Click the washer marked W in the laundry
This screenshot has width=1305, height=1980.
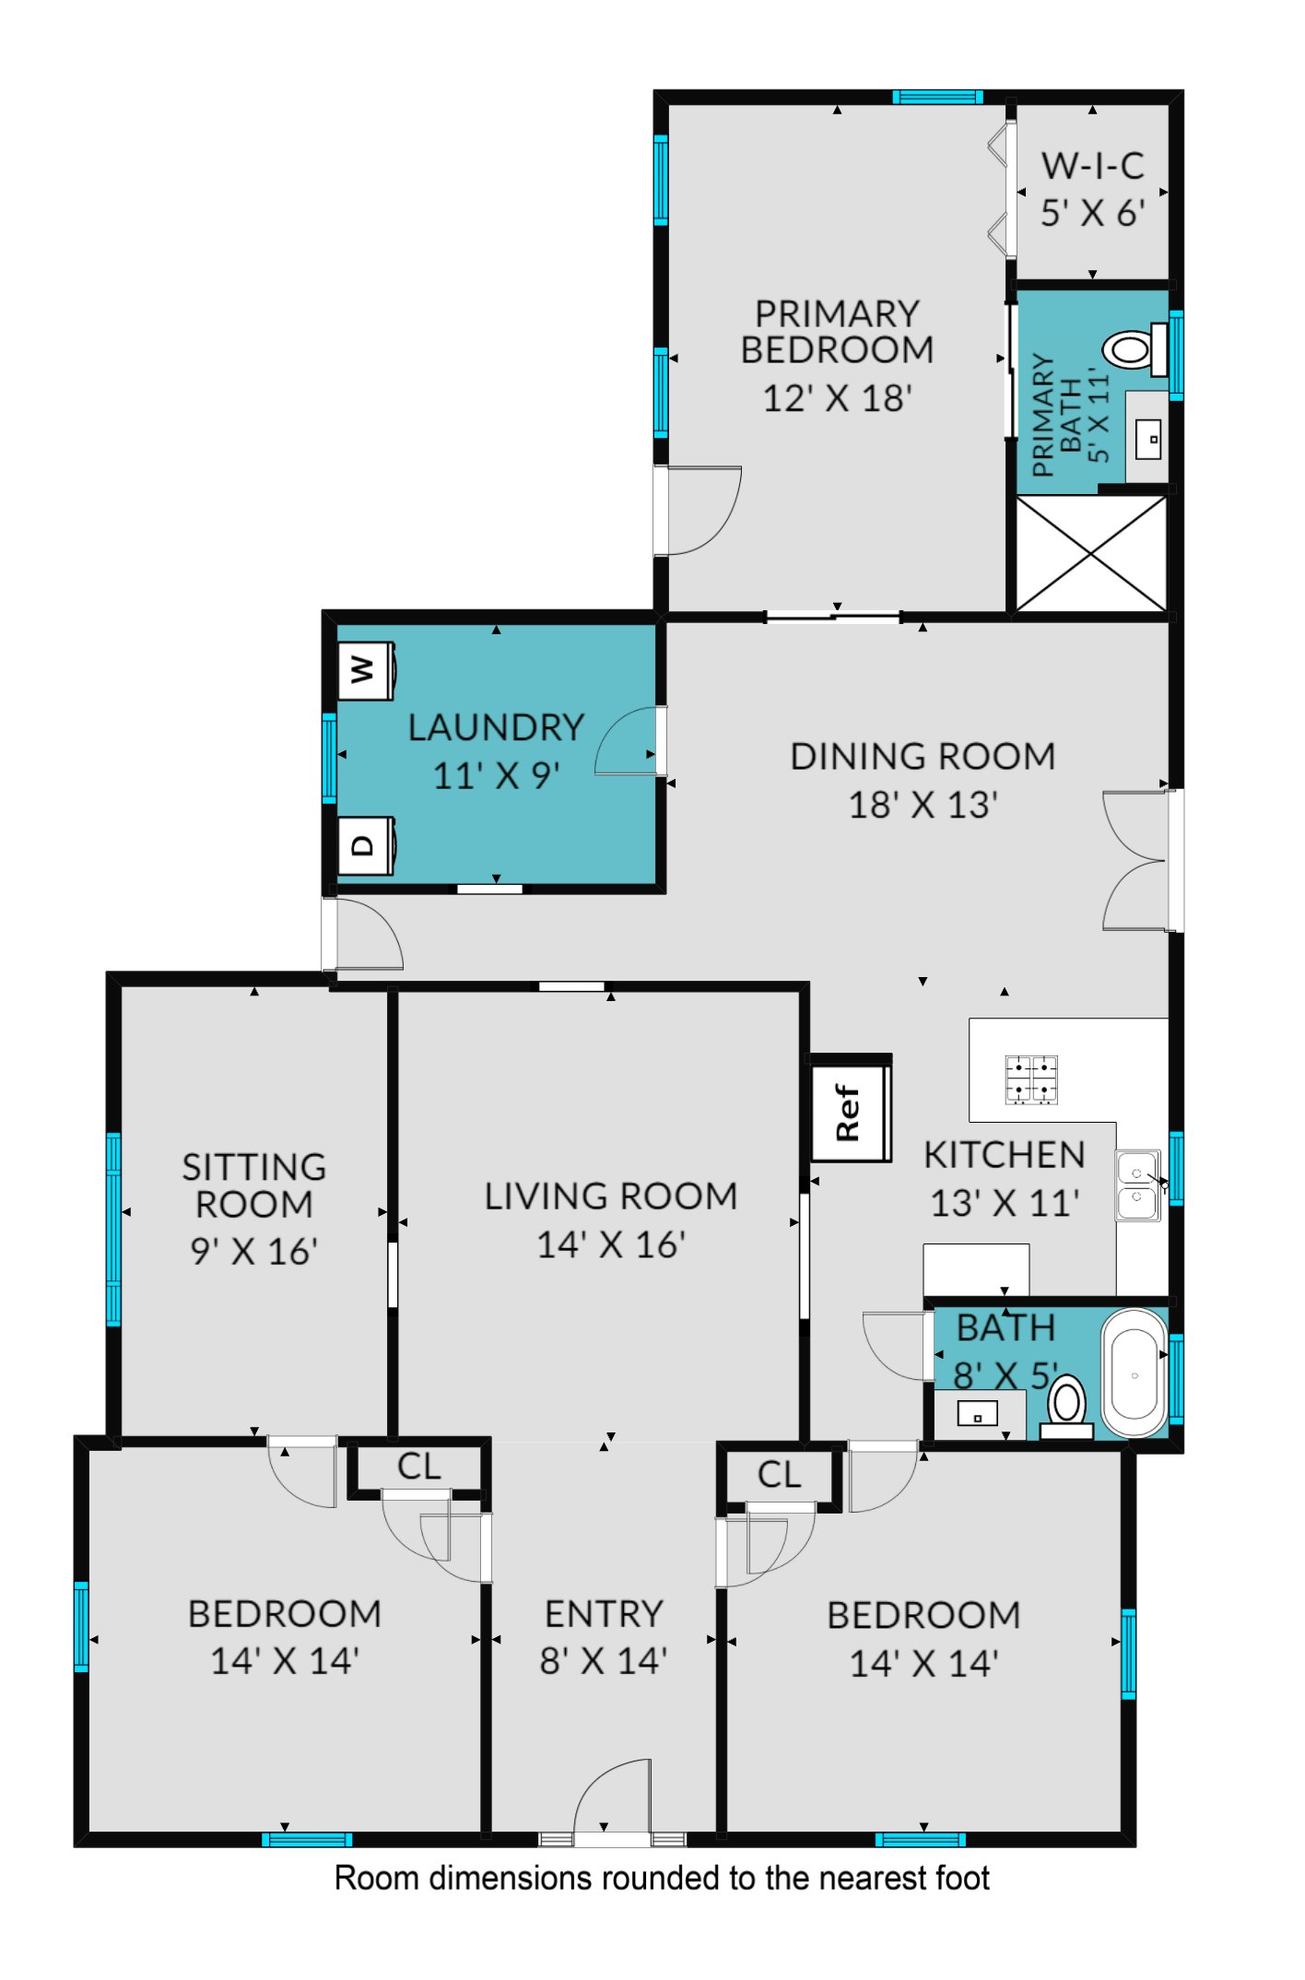(367, 669)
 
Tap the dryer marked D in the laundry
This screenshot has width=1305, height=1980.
(367, 844)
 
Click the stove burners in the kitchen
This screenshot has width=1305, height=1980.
(1030, 1079)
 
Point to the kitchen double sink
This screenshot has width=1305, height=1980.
(1138, 1184)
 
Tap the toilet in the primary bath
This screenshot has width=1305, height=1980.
(1135, 349)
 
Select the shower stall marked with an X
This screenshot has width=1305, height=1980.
(1090, 553)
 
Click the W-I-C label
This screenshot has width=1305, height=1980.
(1093, 166)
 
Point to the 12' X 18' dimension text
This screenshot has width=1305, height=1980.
(837, 398)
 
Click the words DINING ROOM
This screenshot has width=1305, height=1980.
(923, 756)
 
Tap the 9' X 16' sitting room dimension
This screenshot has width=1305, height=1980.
(254, 1251)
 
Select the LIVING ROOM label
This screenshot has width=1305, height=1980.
(611, 1196)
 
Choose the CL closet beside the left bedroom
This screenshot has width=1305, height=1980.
(418, 1467)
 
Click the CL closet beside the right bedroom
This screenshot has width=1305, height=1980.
(779, 1475)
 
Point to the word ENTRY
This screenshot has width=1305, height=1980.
(605, 1614)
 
